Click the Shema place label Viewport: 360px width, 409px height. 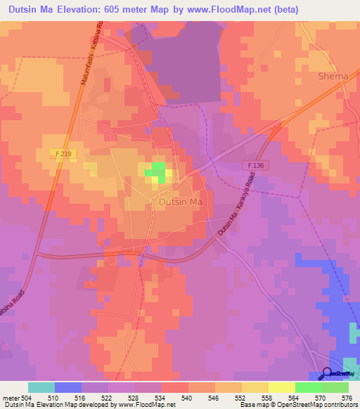click(333, 76)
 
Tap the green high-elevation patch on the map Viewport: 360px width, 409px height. click(156, 170)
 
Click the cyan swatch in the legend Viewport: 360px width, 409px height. click(41, 387)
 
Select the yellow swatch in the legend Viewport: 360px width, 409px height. click(282, 387)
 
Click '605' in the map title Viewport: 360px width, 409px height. click(106, 10)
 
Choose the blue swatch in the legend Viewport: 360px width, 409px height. click(68, 387)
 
